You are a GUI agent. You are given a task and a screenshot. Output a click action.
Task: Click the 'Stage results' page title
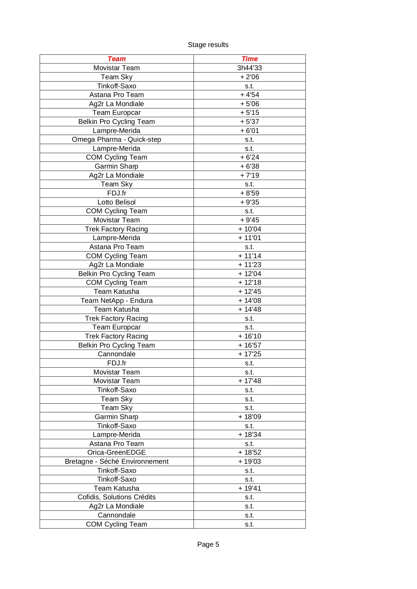click(x=208, y=45)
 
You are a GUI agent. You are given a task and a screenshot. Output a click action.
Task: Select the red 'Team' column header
click(x=117, y=59)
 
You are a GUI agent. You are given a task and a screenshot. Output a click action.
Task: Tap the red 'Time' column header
click(x=250, y=59)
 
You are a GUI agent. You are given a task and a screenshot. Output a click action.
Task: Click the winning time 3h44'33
click(x=250, y=68)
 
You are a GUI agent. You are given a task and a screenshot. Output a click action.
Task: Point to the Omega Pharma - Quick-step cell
click(x=117, y=139)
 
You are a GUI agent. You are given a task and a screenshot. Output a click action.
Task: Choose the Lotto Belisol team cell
click(x=117, y=202)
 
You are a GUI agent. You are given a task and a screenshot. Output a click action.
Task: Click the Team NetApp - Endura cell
click(x=117, y=301)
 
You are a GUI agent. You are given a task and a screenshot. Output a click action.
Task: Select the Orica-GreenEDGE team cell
click(x=117, y=452)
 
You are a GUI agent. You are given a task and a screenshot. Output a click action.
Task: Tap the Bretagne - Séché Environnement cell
click(x=117, y=461)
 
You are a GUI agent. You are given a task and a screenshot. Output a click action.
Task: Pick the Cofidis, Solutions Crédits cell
click(x=117, y=497)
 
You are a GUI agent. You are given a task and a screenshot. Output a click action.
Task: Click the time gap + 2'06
click(x=250, y=77)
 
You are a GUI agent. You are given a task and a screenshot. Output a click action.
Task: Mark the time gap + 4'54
click(x=250, y=95)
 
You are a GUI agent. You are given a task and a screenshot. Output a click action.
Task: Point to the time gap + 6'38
click(x=250, y=166)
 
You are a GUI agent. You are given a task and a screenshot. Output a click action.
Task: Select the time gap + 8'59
click(x=250, y=193)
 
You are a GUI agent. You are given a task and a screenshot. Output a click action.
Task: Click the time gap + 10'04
click(x=250, y=229)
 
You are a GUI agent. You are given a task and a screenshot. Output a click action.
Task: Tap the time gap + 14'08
click(x=250, y=301)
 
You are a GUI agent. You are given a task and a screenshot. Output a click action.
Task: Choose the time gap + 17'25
click(x=250, y=354)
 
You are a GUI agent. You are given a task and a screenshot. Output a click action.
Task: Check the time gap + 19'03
click(x=250, y=461)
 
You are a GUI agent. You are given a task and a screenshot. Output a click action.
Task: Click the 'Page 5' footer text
click(x=208, y=544)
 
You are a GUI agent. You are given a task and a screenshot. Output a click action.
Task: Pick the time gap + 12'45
click(x=250, y=291)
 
